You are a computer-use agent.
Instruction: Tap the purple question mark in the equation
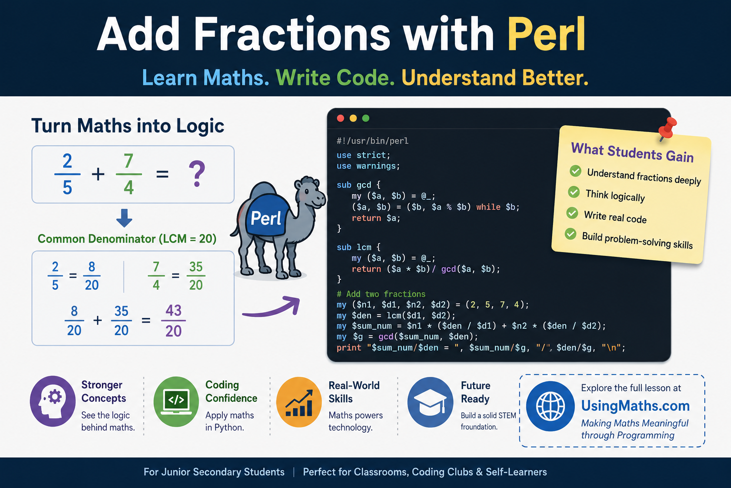pyautogui.click(x=197, y=174)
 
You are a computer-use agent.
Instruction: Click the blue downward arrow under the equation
pyautogui.click(x=124, y=218)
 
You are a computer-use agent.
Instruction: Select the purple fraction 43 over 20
pyautogui.click(x=173, y=321)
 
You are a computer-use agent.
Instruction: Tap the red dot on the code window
pyautogui.click(x=340, y=118)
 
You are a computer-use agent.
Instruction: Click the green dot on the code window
pyautogui.click(x=366, y=118)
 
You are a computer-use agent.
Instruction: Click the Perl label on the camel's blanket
pyautogui.click(x=266, y=218)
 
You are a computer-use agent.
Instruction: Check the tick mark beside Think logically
pyautogui.click(x=573, y=192)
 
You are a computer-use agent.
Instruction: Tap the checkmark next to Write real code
pyautogui.click(x=572, y=213)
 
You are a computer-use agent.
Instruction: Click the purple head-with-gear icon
pyautogui.click(x=53, y=401)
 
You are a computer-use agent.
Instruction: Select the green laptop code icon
pyautogui.click(x=176, y=402)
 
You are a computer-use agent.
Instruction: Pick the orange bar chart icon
pyautogui.click(x=299, y=402)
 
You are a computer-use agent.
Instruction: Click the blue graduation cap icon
pyautogui.click(x=430, y=402)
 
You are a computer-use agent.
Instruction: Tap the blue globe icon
pyautogui.click(x=551, y=407)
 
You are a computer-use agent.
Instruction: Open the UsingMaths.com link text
pyautogui.click(x=635, y=406)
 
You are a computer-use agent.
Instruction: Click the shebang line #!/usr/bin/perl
pyautogui.click(x=372, y=141)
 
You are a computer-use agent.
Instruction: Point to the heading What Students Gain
pyautogui.click(x=632, y=152)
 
